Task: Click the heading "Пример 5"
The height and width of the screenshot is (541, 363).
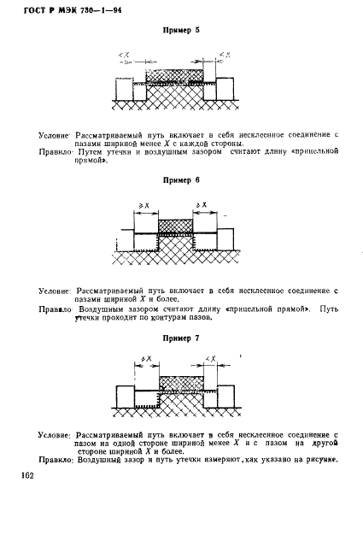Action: click(180, 31)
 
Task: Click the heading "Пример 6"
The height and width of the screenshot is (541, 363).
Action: click(180, 180)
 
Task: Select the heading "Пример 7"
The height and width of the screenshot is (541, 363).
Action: click(180, 338)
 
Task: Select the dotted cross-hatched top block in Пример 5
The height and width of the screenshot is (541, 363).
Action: click(175, 75)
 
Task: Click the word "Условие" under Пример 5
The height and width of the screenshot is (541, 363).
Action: click(55, 135)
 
